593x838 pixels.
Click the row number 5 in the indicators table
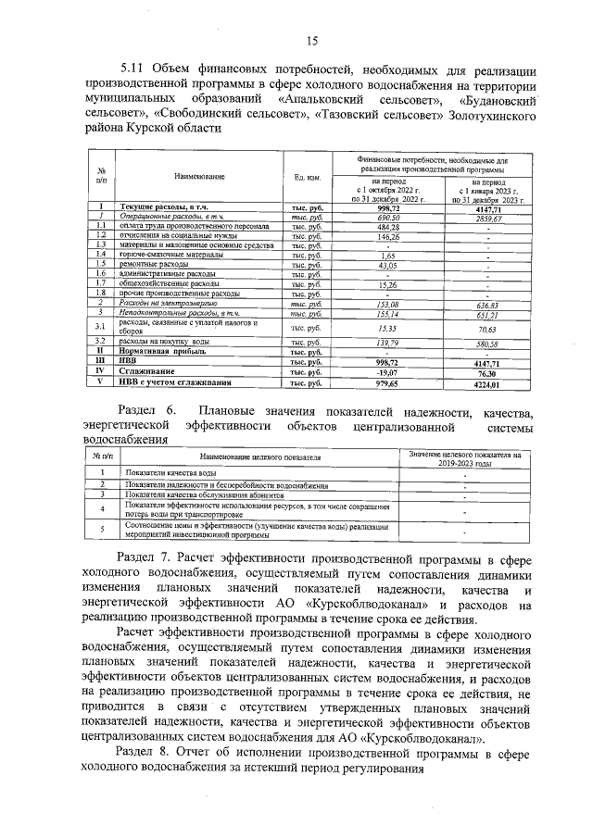100,530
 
